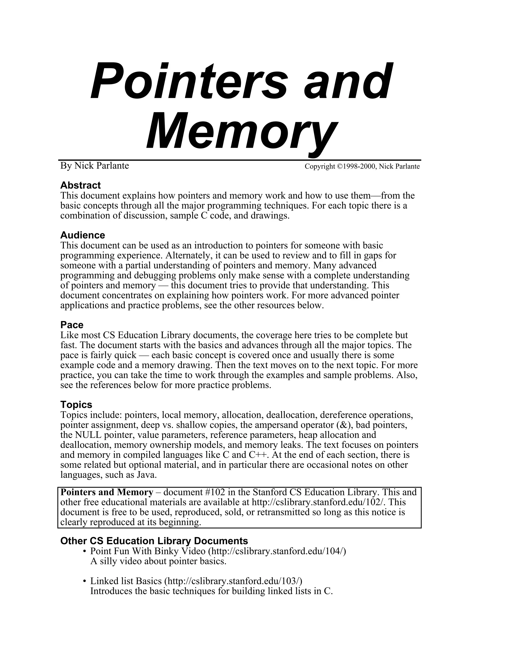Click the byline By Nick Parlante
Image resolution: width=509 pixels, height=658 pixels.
click(94, 165)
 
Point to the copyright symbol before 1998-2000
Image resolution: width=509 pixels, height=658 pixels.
click(339, 166)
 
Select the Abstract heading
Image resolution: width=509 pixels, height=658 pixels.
click(81, 185)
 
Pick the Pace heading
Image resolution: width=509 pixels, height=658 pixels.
click(72, 325)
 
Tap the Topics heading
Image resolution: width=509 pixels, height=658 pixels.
click(76, 404)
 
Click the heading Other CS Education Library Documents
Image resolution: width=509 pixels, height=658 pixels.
click(154, 541)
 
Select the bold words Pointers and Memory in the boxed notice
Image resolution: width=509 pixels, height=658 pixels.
click(107, 492)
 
